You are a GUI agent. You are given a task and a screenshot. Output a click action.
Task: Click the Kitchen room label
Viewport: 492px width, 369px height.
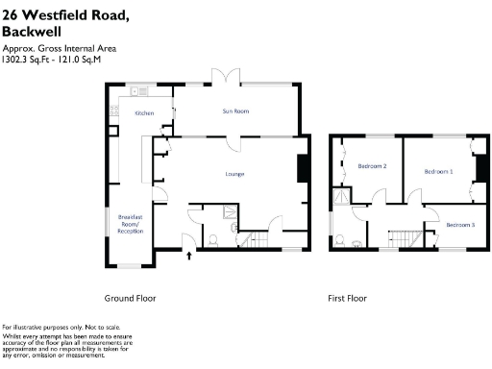[x=144, y=113]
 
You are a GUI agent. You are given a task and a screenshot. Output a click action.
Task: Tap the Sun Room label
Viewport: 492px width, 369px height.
[x=235, y=111]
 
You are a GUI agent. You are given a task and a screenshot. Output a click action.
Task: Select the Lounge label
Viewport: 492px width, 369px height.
[x=234, y=174]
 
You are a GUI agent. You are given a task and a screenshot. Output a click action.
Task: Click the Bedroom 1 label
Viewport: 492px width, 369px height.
[x=437, y=171]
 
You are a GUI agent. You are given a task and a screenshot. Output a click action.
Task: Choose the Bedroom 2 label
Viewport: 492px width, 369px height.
[x=372, y=166]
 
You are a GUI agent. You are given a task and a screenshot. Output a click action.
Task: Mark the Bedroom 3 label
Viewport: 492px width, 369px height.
[x=459, y=224]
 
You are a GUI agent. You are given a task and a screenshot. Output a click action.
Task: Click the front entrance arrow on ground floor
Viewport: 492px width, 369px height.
[x=188, y=255]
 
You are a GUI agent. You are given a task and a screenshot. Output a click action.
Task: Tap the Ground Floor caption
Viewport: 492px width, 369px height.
[x=130, y=298]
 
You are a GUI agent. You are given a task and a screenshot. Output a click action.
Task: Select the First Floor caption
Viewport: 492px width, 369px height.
[x=347, y=298]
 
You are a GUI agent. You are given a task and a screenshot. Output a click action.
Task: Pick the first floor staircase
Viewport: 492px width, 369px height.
[x=408, y=238]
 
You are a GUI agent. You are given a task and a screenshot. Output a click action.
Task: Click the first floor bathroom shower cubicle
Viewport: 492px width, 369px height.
[x=341, y=198]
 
